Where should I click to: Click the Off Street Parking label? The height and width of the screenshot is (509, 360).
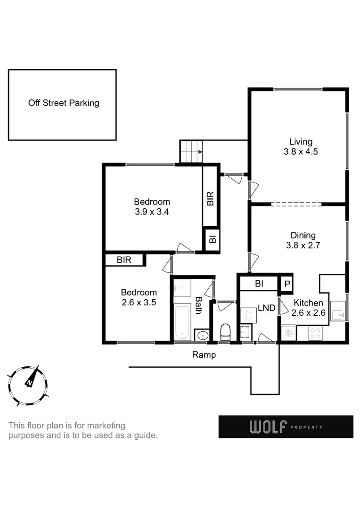click(64, 103)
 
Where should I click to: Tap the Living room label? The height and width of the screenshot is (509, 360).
click(301, 147)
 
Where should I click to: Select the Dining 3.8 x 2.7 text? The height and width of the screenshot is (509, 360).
click(303, 240)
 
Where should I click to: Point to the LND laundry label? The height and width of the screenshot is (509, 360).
click(266, 308)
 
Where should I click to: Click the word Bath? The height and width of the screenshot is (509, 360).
click(199, 305)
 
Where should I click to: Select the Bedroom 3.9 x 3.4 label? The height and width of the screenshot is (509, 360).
click(152, 207)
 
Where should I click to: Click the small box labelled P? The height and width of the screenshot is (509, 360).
click(286, 284)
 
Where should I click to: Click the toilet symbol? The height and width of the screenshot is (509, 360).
click(225, 331)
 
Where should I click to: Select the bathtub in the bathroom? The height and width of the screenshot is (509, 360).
click(182, 322)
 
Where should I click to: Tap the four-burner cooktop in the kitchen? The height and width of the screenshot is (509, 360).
click(315, 333)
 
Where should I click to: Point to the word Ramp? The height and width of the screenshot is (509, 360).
click(204, 355)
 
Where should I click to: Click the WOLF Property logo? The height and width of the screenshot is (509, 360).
click(286, 427)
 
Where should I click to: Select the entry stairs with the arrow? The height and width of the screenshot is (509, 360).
click(191, 152)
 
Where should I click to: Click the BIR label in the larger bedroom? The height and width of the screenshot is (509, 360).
click(210, 198)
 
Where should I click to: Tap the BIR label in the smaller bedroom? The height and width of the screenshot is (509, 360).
click(123, 260)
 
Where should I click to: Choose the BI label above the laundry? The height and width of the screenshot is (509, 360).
click(259, 284)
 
